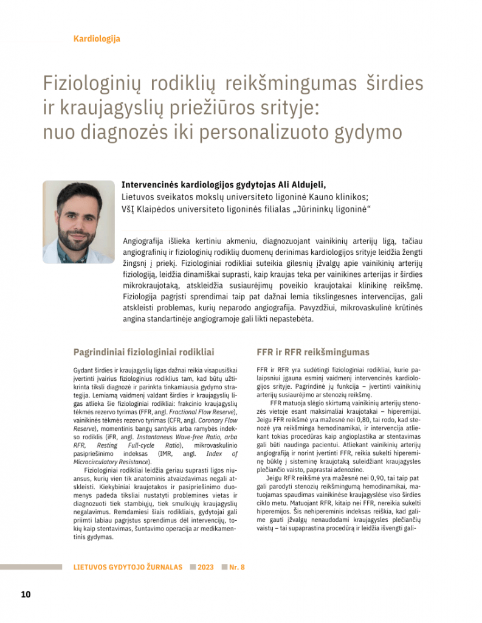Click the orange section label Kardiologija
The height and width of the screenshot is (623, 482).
click(x=97, y=39)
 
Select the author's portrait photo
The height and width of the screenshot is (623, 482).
click(x=78, y=221)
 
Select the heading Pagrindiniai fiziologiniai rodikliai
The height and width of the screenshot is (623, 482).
click(x=143, y=352)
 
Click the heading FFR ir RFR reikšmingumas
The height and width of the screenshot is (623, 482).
click(x=313, y=352)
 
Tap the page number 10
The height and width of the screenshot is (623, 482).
click(x=26, y=594)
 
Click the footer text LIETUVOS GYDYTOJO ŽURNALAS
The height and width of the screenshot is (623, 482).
click(x=128, y=567)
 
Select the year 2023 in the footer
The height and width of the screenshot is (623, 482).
click(x=205, y=567)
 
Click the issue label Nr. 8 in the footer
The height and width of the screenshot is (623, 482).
click(x=236, y=567)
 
